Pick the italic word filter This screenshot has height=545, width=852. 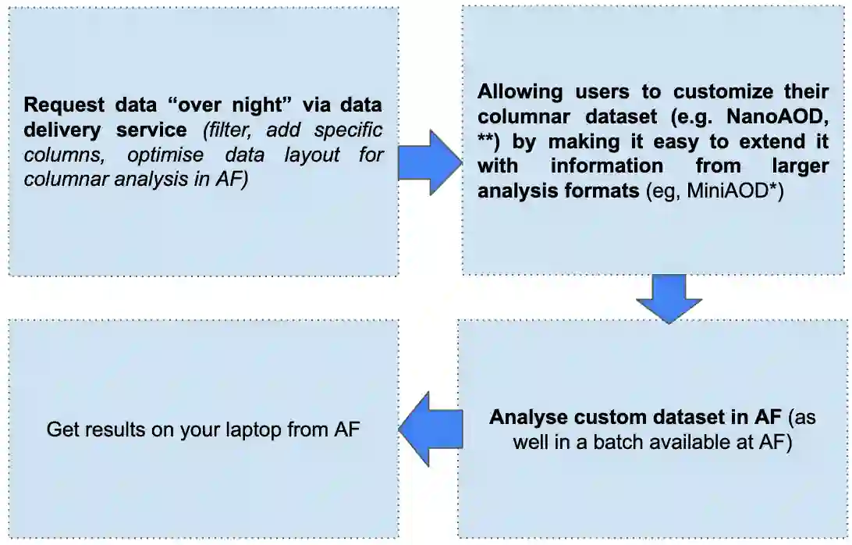point(225,130)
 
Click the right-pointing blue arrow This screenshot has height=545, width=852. point(429,162)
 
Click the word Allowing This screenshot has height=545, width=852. point(520,91)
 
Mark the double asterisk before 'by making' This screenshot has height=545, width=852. point(487,141)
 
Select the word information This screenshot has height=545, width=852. point(606,166)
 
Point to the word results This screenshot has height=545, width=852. point(110,429)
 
